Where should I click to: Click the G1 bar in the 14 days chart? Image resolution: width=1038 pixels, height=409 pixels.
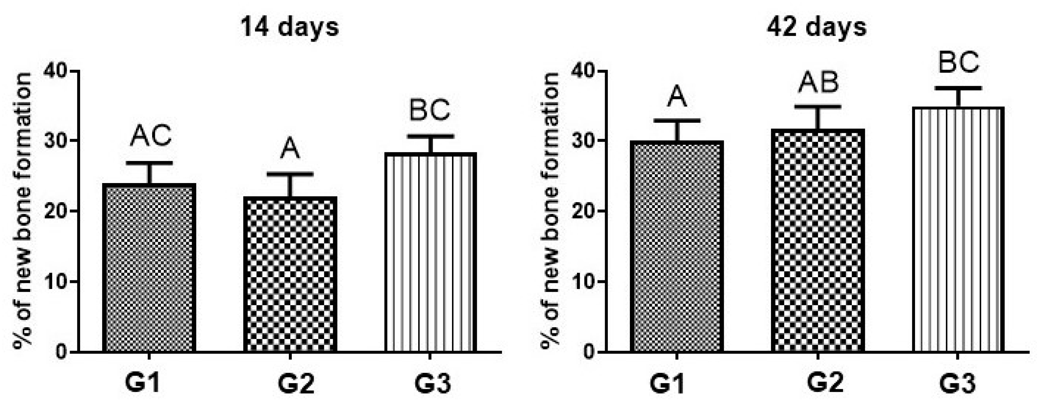click(149, 268)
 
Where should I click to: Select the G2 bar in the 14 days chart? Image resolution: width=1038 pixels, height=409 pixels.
click(290, 274)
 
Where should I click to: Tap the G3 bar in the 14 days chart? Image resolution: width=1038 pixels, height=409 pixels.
click(430, 252)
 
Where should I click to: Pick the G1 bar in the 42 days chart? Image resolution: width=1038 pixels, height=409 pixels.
click(677, 246)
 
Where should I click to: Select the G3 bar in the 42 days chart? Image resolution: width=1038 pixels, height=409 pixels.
click(957, 230)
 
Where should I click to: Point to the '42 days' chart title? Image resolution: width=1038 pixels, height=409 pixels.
click(817, 27)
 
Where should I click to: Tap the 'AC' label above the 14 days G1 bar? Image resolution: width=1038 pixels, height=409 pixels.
click(150, 136)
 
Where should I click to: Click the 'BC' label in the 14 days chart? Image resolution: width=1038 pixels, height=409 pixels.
click(430, 111)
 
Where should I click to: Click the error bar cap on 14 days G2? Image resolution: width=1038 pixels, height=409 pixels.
click(290, 174)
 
